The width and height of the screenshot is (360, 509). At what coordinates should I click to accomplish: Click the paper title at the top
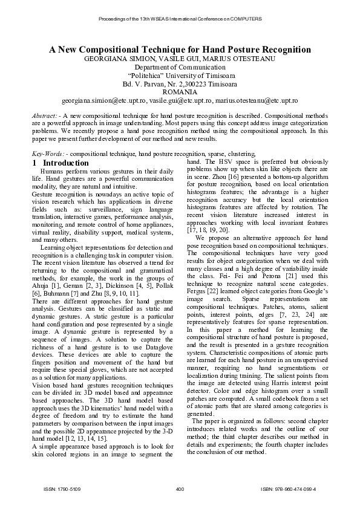click(x=180, y=50)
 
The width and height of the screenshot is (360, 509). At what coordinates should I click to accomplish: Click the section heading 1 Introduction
click(x=62, y=163)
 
